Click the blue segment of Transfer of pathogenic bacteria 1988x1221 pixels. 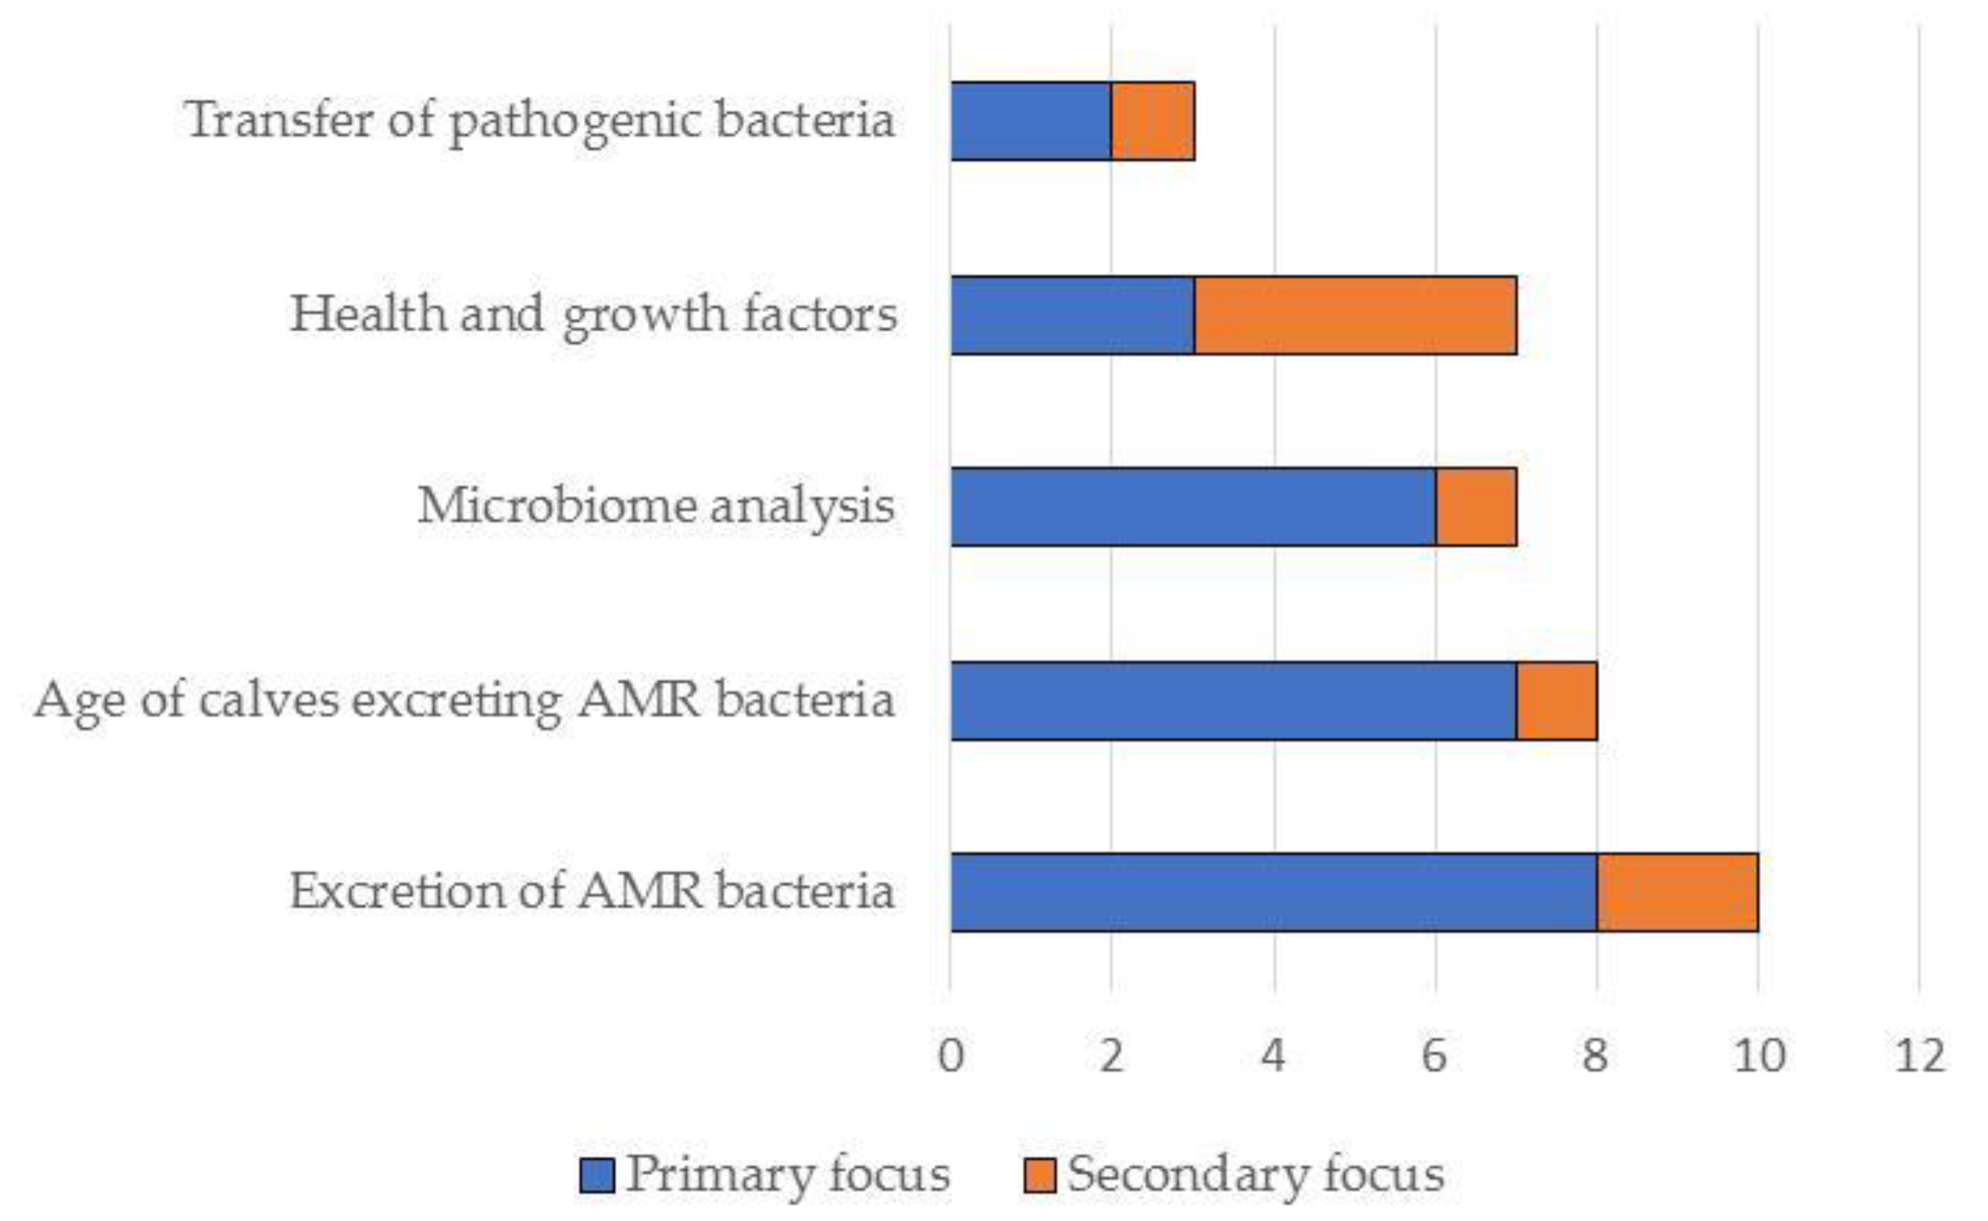1030,121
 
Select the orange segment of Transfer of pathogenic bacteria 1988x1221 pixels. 1153,121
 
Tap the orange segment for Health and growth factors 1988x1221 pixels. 1355,315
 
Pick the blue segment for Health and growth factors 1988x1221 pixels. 1072,315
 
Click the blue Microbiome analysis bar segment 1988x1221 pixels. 1193,507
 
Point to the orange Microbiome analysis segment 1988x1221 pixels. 1476,507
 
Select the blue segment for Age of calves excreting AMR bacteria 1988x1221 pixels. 1233,700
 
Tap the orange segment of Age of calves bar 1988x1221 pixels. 1557,700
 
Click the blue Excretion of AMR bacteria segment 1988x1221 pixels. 1274,893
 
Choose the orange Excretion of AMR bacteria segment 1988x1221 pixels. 1678,893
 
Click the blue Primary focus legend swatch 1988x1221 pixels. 597,1175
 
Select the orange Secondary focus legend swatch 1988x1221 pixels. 1039,1175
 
